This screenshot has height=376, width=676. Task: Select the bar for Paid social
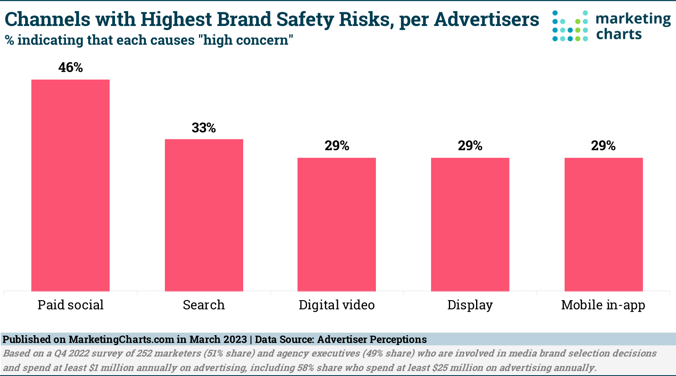[70, 186]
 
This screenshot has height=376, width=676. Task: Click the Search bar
[204, 215]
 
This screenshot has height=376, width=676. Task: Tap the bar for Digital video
[337, 225]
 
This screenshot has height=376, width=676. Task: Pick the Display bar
[470, 225]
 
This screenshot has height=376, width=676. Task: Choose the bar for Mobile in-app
[603, 225]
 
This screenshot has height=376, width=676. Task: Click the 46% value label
[70, 68]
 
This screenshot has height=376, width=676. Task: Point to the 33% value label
[204, 128]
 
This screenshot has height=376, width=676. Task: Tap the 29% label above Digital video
[337, 146]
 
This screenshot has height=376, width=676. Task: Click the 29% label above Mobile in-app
[603, 146]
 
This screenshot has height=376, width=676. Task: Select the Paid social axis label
[70, 305]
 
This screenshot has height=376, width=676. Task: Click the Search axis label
[204, 305]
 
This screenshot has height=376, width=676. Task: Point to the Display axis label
[470, 305]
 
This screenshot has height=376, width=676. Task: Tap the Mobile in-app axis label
[603, 305]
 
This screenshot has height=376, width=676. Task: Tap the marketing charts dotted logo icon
[570, 26]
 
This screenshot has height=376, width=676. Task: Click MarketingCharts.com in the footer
[121, 340]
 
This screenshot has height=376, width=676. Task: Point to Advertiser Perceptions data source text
[372, 340]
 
